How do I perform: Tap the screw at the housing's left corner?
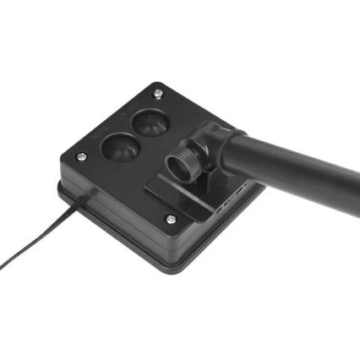(81, 157)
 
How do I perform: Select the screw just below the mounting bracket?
(171, 219)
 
